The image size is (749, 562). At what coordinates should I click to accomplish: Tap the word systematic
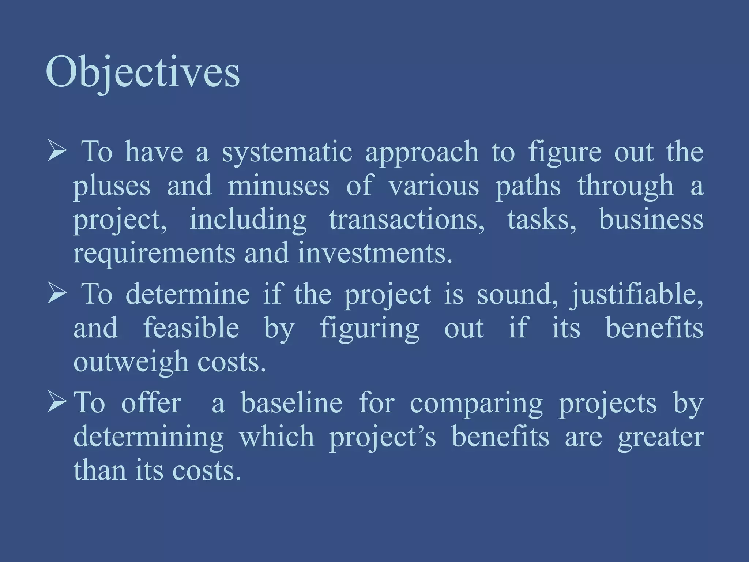click(x=287, y=151)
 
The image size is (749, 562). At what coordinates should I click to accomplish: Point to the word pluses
click(x=112, y=186)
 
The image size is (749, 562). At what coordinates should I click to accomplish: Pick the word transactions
click(x=407, y=220)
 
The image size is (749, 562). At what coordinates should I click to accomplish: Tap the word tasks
click(x=542, y=220)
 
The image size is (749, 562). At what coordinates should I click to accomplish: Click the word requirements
click(x=154, y=254)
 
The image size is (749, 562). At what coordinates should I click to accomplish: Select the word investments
click(x=375, y=253)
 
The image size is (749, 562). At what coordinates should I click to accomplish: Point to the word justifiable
click(x=637, y=295)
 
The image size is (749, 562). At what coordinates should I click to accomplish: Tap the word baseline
click(x=291, y=403)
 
